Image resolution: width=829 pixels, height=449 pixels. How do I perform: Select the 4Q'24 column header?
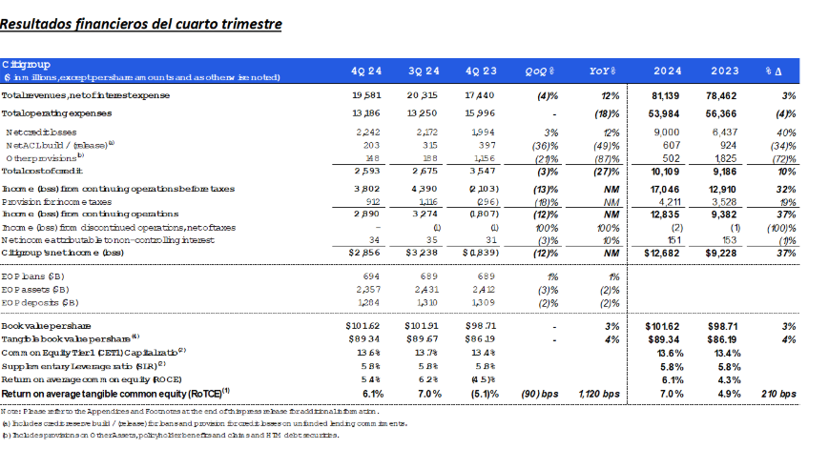click(366, 71)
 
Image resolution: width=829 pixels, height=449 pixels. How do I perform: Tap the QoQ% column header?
click(540, 71)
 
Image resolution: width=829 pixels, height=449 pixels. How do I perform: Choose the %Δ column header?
click(774, 71)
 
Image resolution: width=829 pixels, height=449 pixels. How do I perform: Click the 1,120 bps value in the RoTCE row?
click(599, 393)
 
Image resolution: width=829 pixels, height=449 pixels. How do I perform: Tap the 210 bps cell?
click(779, 393)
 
